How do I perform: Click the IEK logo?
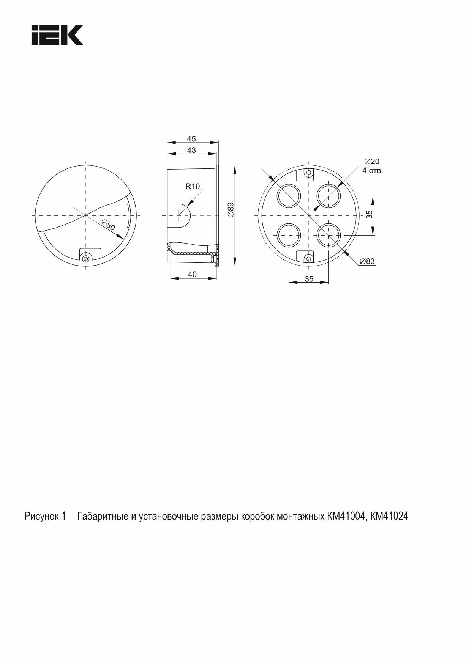click(57, 35)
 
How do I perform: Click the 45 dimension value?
click(191, 139)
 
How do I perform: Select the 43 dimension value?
click(191, 150)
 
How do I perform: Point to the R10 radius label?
click(193, 186)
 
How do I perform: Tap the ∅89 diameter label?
click(231, 210)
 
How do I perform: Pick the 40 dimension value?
click(193, 274)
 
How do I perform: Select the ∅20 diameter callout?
click(371, 161)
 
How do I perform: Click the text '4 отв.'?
click(373, 170)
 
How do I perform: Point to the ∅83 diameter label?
click(367, 261)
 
